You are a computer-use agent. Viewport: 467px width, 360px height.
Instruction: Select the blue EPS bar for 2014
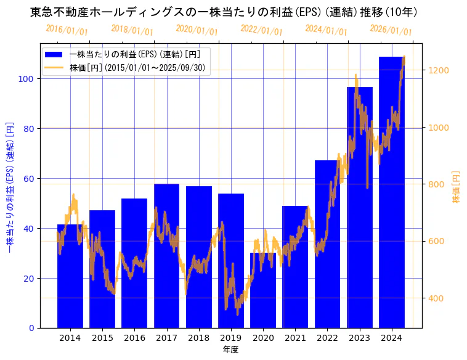[70, 277]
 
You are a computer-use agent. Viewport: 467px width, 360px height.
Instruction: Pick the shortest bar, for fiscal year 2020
[263, 290]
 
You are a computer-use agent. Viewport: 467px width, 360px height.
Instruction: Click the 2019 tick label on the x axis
[231, 338]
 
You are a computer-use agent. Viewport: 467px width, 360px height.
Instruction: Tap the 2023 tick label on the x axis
[360, 338]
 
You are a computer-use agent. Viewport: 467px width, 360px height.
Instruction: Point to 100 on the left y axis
[29, 79]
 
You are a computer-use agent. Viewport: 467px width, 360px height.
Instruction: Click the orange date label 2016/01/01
[67, 30]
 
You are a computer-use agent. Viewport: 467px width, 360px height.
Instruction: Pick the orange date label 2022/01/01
[261, 30]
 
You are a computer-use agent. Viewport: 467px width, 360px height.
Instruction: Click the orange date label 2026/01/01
[391, 30]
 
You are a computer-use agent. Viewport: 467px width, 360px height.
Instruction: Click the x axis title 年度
[230, 350]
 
